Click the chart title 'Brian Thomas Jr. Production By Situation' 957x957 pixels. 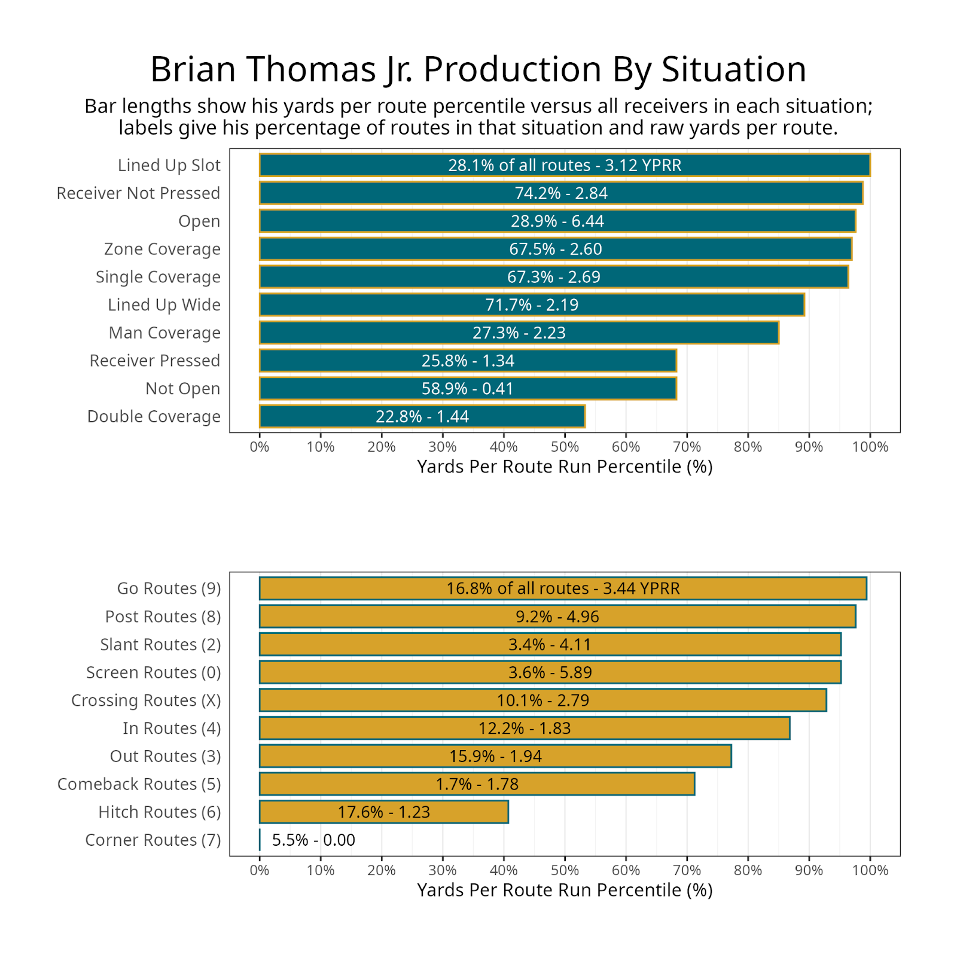click(x=478, y=69)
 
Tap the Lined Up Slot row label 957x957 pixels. click(x=169, y=165)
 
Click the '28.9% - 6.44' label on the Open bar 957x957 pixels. click(x=557, y=221)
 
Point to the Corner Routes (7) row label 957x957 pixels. click(x=153, y=840)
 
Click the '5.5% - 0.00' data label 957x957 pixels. click(x=313, y=840)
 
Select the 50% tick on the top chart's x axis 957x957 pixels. click(x=565, y=447)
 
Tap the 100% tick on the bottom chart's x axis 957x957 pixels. click(x=870, y=870)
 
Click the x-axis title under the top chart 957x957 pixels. click(x=565, y=467)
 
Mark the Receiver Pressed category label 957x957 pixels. click(x=154, y=361)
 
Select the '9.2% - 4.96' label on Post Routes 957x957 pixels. click(x=557, y=617)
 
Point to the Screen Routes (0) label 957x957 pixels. click(x=153, y=672)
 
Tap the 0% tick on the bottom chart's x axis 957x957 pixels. click(x=260, y=870)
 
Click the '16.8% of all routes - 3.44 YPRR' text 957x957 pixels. click(x=563, y=589)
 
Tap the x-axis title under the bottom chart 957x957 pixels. click(x=565, y=890)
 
